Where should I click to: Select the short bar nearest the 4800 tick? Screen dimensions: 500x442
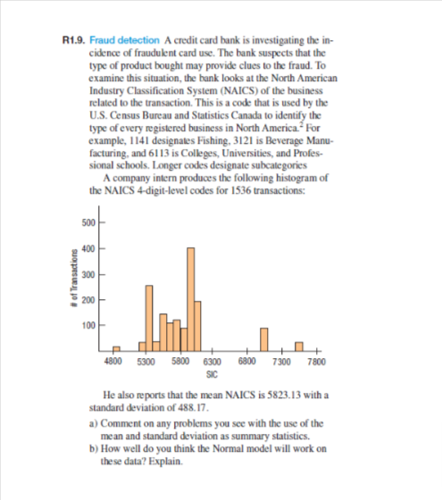click(x=116, y=347)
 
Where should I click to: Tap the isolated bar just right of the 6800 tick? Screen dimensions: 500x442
click(x=265, y=339)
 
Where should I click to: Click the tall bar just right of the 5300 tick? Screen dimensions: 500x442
click(x=149, y=317)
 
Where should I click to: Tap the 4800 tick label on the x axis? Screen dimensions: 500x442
click(x=113, y=362)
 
